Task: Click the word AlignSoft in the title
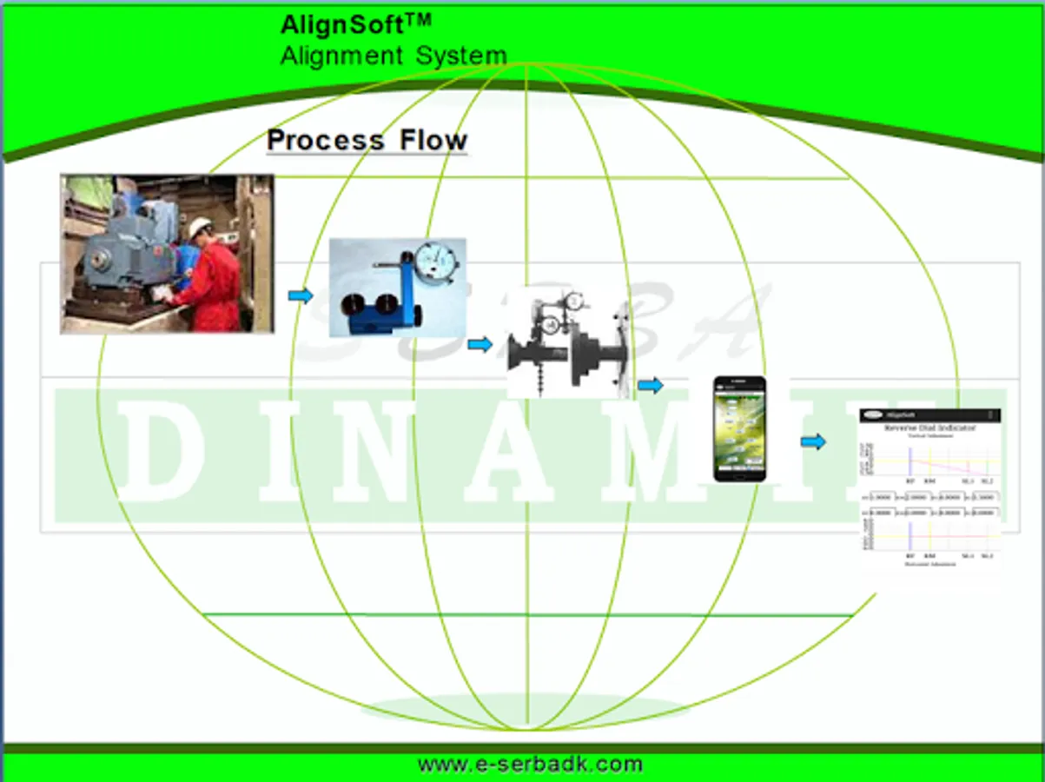point(342,25)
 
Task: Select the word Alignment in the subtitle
point(341,56)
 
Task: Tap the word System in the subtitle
point(461,56)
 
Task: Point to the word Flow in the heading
point(433,140)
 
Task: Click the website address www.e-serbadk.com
point(530,765)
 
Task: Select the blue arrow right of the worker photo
point(301,296)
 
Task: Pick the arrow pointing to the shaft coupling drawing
point(480,345)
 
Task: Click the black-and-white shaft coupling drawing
point(569,344)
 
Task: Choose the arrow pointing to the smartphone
point(650,386)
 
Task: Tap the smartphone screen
point(739,427)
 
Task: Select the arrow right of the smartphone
point(813,442)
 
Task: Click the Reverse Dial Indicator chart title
point(929,428)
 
